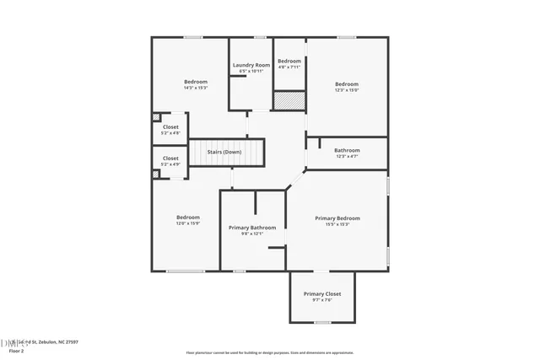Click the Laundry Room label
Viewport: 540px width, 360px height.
tap(251, 65)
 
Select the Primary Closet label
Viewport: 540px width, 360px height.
tap(321, 293)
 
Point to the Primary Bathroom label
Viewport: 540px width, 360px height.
tap(252, 228)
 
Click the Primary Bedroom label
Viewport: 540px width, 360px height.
tap(337, 218)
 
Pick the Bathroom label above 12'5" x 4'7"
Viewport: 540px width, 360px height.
tap(347, 150)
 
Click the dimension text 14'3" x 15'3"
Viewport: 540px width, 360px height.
tap(196, 88)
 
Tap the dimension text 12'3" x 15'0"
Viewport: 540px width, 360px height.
tap(347, 90)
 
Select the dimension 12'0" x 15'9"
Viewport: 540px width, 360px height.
tap(188, 223)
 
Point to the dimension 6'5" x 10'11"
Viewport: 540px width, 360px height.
tap(251, 71)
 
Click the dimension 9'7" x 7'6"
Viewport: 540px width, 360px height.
tap(321, 299)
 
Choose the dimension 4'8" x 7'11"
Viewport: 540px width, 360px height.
tap(289, 67)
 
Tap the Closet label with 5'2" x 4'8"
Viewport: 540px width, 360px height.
tap(170, 126)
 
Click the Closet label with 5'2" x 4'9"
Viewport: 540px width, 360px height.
tap(170, 158)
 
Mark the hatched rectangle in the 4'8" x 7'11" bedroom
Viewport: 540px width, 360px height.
tap(289, 99)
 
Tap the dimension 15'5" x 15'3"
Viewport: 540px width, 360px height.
tap(337, 224)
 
